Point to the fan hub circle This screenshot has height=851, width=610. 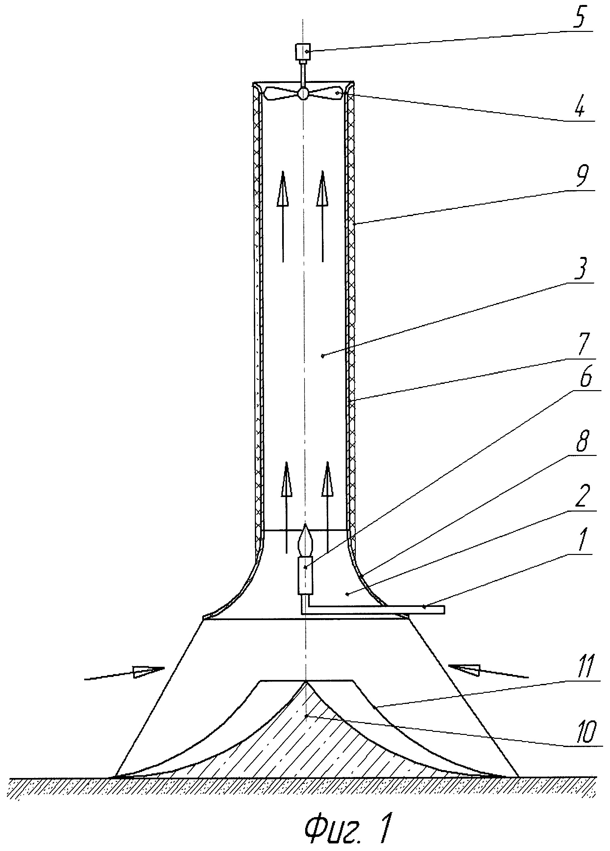click(303, 93)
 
